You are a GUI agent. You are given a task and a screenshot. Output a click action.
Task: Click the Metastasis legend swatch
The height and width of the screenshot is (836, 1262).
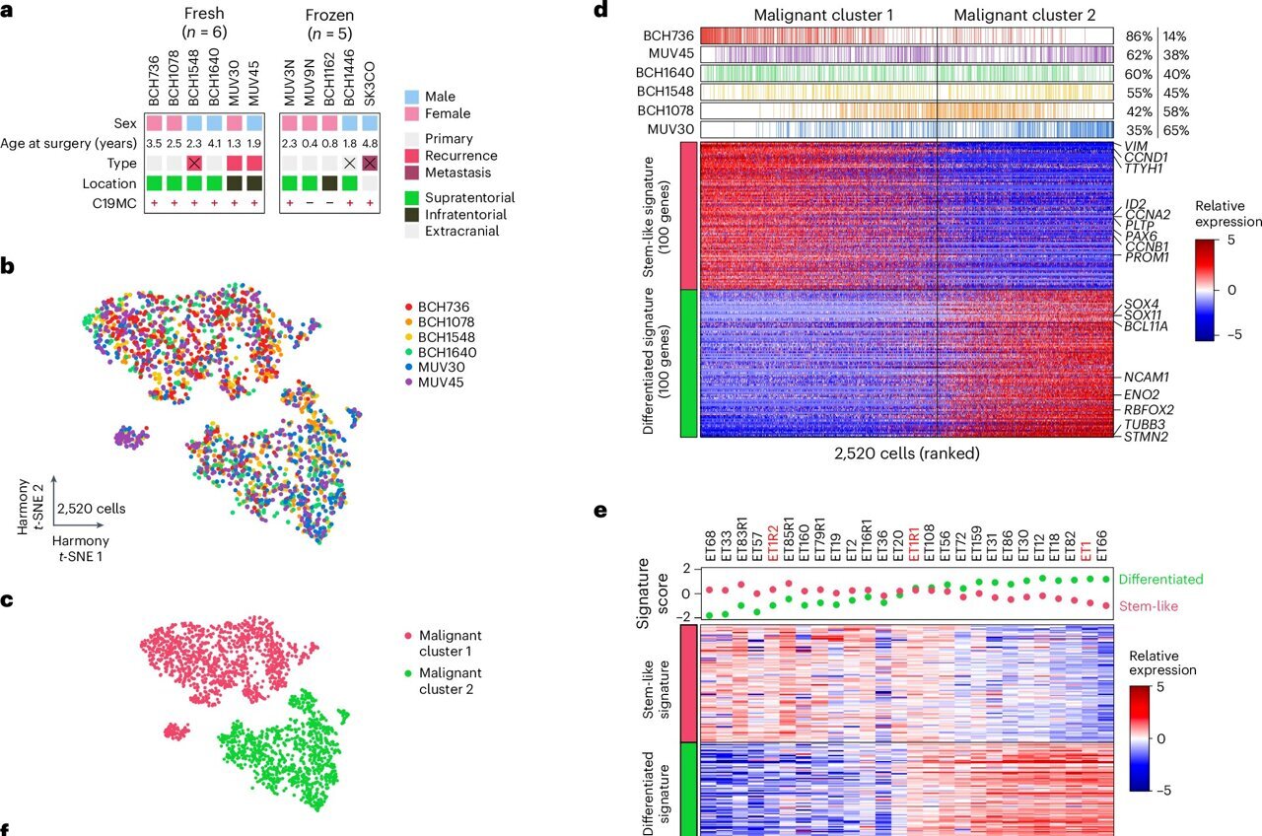(x=412, y=174)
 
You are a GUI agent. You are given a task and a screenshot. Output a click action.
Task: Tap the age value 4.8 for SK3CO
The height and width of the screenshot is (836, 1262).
(x=370, y=144)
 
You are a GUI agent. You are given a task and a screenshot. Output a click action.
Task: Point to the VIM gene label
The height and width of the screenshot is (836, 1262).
(x=1137, y=146)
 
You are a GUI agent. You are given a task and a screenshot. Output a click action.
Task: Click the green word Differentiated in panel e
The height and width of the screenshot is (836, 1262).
(x=1160, y=580)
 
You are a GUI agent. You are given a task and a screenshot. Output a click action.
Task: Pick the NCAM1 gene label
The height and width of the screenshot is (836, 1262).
(x=1147, y=377)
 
